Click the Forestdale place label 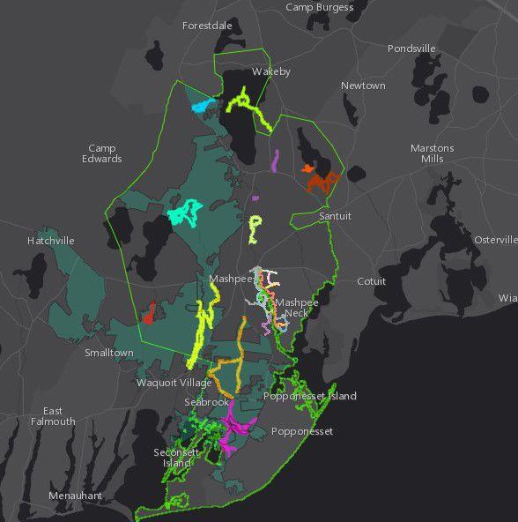(207, 26)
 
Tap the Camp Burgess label (320, 7)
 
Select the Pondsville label (411, 48)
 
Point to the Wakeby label (271, 71)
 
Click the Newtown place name (363, 86)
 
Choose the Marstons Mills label (432, 153)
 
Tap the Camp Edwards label (102, 153)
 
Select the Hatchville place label (50, 241)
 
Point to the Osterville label (495, 240)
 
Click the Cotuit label (371, 281)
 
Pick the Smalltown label (109, 353)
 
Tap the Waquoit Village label (174, 383)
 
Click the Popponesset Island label (310, 396)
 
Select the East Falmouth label (53, 416)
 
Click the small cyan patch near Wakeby (202, 107)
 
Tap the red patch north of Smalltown (150, 311)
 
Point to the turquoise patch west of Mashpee (186, 213)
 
